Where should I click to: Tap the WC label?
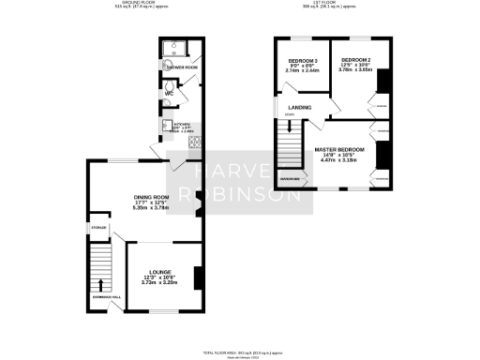coord(171,94)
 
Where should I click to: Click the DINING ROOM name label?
coord(154,196)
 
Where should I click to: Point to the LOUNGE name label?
coord(159,271)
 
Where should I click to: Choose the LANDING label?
coord(300,108)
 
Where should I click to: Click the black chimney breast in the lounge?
coord(196,278)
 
